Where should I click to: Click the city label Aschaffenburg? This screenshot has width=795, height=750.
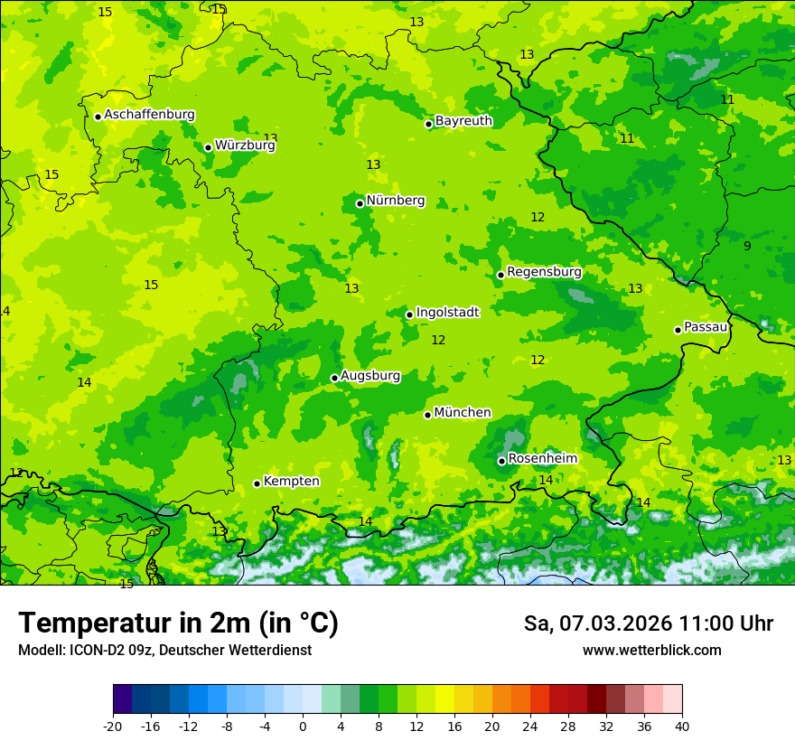click(149, 115)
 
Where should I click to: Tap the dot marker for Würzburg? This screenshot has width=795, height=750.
click(208, 147)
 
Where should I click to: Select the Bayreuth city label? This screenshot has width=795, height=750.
click(463, 120)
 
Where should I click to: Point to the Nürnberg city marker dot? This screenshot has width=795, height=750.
click(360, 203)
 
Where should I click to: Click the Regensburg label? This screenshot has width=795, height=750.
click(544, 272)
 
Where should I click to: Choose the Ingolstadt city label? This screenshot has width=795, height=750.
click(447, 312)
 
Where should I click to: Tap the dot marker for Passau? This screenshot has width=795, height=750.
click(678, 330)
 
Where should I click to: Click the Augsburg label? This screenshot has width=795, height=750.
click(370, 376)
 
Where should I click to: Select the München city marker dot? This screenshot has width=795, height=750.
click(427, 415)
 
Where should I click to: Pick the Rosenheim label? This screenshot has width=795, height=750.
click(542, 459)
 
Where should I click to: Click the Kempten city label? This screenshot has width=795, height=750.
click(291, 482)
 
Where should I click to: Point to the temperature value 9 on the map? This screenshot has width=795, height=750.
click(747, 247)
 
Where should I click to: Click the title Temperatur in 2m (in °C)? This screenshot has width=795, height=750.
click(178, 623)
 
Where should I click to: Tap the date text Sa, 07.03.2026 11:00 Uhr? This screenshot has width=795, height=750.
click(648, 623)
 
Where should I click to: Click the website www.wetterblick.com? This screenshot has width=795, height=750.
click(651, 651)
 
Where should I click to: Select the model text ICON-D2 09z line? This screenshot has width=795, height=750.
click(164, 651)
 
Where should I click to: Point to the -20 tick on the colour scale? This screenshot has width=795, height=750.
click(113, 726)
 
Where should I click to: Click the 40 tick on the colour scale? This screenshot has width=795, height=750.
click(681, 726)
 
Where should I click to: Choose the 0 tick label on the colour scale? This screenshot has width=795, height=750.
click(303, 726)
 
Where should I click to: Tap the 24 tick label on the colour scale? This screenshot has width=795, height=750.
click(529, 726)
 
